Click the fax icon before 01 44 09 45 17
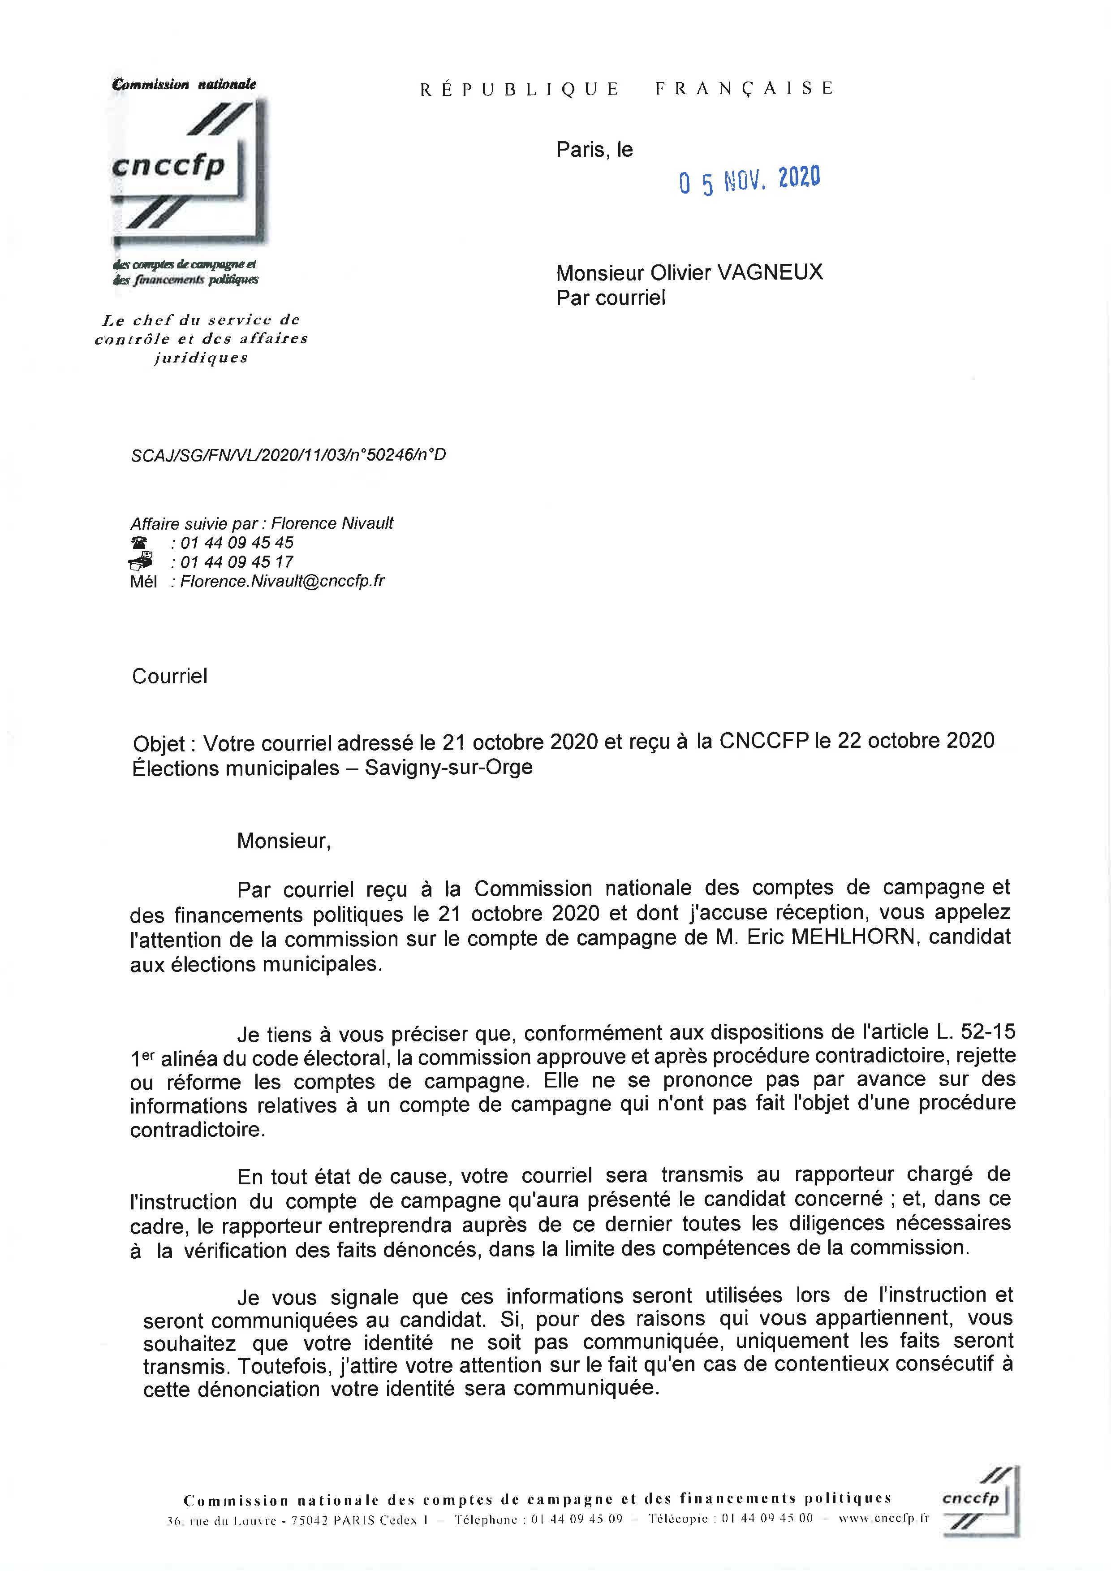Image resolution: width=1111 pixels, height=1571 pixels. [140, 562]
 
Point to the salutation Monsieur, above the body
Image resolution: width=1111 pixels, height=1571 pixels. [283, 841]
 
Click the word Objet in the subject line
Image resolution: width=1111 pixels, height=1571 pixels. [158, 744]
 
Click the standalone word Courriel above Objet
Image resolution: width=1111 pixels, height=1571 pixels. [169, 676]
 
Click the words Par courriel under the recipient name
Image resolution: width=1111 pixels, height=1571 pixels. [610, 298]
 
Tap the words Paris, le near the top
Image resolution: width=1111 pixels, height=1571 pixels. [594, 150]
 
